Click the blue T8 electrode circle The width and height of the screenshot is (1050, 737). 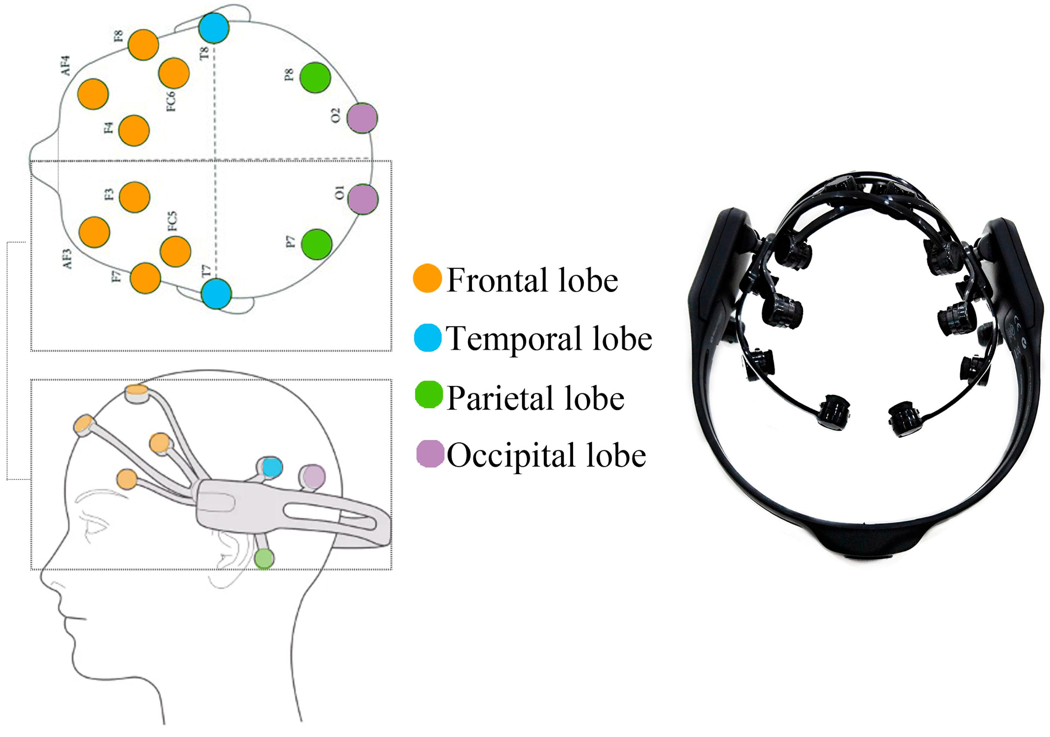tap(214, 28)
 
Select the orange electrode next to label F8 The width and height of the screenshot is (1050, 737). tap(143, 45)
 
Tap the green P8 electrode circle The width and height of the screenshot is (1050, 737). tap(315, 78)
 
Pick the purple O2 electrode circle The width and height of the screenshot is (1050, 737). tap(362, 118)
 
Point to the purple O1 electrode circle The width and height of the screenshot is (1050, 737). tap(363, 199)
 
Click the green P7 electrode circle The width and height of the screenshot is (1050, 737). tap(317, 244)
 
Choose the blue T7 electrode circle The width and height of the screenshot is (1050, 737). tap(216, 294)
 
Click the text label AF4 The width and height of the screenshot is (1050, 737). tap(66, 65)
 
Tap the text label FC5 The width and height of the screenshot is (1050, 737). tap(172, 221)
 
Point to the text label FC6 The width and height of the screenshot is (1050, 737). tap(171, 101)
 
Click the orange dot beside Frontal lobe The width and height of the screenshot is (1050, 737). tap(427, 278)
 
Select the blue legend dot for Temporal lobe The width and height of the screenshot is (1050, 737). tap(428, 338)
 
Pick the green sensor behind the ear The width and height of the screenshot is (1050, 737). tap(264, 559)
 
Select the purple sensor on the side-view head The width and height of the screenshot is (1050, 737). tap(313, 476)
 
